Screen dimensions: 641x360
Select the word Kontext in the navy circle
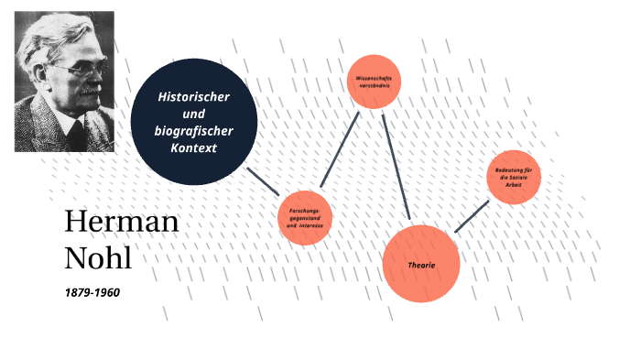pyautogui.click(x=193, y=148)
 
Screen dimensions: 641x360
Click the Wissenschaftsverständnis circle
pyautogui.click(x=374, y=82)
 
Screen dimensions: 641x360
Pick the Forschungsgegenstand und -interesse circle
pyautogui.click(x=304, y=218)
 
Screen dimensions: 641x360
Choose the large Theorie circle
pyautogui.click(x=420, y=264)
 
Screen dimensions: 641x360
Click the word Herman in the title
pyautogui.click(x=122, y=223)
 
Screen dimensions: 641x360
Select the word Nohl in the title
pyautogui.click(x=98, y=257)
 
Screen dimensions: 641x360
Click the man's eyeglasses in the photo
pyautogui.click(x=70, y=70)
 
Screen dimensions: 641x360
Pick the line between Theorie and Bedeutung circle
pyautogui.click(x=471, y=216)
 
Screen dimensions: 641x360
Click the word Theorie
pyautogui.click(x=420, y=265)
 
